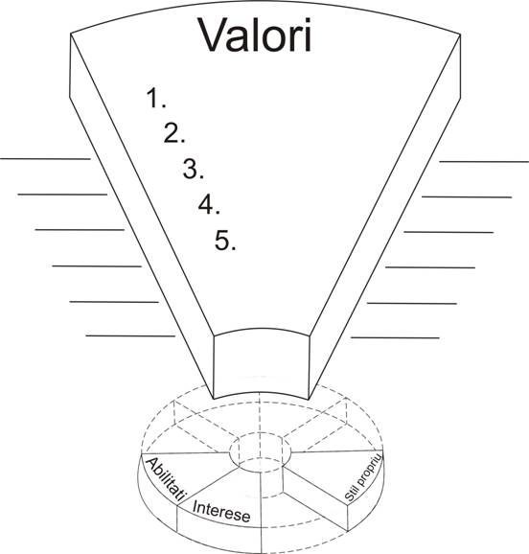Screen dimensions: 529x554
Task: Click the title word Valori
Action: [x=256, y=35]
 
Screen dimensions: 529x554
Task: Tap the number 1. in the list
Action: [x=156, y=98]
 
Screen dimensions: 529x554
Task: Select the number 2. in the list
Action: [x=174, y=133]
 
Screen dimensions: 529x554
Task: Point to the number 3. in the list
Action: [x=193, y=169]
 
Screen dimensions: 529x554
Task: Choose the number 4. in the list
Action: [x=209, y=204]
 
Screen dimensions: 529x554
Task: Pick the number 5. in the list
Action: [x=225, y=241]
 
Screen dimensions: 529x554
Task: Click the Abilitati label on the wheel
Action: [x=166, y=478]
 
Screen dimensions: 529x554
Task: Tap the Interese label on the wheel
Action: [x=221, y=511]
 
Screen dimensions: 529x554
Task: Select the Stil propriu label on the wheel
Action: [x=363, y=477]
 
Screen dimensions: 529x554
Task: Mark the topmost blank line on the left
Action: [x=45, y=159]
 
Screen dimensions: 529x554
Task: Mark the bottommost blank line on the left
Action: [x=130, y=336]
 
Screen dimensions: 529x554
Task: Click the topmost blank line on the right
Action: [x=484, y=162]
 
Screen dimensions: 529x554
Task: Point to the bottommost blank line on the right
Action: [x=395, y=338]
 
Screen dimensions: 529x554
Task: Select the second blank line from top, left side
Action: [x=62, y=195]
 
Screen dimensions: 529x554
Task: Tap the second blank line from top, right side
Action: [x=467, y=196]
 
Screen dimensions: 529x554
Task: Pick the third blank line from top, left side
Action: [x=80, y=230]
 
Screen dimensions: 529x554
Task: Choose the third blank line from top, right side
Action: [x=448, y=232]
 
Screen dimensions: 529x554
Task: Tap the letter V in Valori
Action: [x=214, y=35]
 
